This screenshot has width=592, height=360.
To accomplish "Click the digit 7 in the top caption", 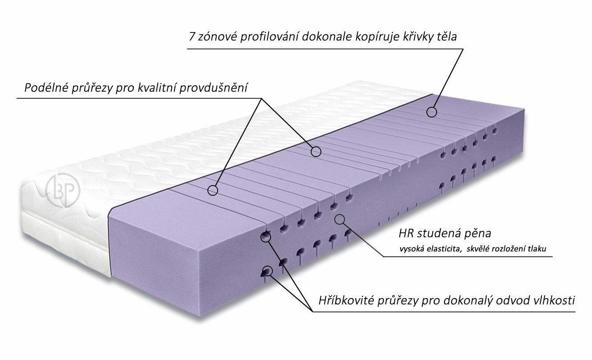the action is (192, 37).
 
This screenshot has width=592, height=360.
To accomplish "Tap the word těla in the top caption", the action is (446, 37).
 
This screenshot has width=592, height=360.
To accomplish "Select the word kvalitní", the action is (157, 87).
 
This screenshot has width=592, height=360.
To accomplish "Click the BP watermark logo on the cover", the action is (62, 190).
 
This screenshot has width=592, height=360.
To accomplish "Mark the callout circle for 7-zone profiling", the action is (432, 112).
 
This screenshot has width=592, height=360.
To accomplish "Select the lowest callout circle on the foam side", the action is (267, 271).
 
